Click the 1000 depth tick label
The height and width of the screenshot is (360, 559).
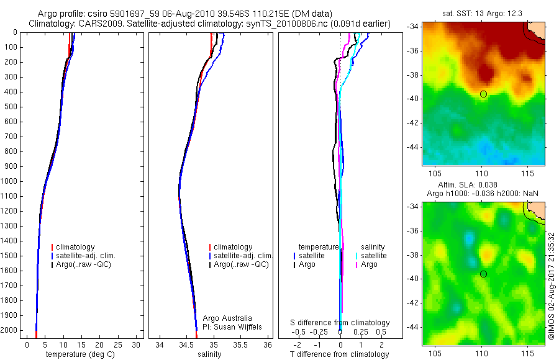[x=9, y=181]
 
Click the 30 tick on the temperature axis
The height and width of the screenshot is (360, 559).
[x=138, y=344]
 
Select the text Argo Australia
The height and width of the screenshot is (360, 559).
[x=227, y=318]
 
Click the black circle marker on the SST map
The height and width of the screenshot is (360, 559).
[x=483, y=94]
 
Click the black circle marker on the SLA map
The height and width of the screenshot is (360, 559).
[x=483, y=274]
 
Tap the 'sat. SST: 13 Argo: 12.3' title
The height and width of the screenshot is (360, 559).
[x=483, y=13]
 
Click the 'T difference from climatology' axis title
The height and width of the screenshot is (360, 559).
[x=340, y=354]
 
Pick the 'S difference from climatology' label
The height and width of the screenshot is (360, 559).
[x=340, y=323]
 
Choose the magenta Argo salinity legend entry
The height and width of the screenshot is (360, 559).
[x=369, y=264]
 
